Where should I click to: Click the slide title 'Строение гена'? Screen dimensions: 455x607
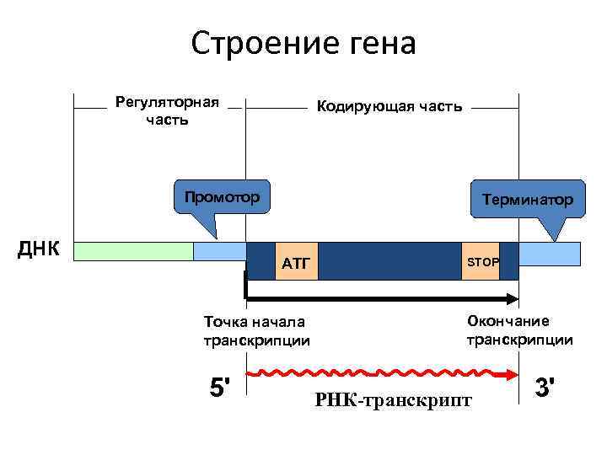point(303,43)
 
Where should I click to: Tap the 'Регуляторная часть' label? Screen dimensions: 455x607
point(167,110)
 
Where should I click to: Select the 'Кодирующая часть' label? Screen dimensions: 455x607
point(389,107)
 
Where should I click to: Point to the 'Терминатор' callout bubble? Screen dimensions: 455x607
point(527,200)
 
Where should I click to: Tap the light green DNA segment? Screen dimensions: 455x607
point(134,251)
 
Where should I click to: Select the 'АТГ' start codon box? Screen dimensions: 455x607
point(297,265)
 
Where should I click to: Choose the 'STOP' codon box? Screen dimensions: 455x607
point(482,262)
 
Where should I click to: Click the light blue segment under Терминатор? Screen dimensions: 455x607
point(549,253)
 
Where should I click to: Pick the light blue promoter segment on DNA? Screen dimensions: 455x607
point(219,251)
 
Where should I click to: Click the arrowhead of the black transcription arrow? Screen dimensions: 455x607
point(513,297)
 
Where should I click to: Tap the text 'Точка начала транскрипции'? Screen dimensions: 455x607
point(256,330)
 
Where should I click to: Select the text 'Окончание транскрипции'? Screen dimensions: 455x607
point(519,330)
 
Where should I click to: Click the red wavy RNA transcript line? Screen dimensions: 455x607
point(371,372)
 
